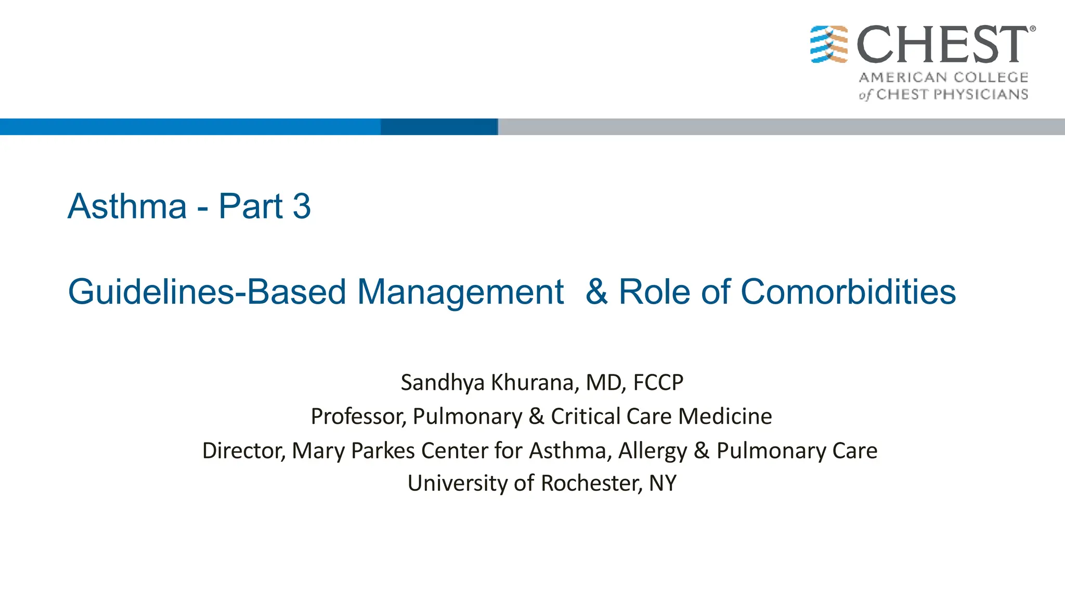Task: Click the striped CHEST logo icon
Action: tap(829, 44)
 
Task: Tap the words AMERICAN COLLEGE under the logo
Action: tap(943, 77)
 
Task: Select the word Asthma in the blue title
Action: tap(127, 206)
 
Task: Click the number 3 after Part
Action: tap(302, 206)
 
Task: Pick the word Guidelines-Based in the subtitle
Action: tap(207, 292)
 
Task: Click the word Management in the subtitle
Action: tap(460, 292)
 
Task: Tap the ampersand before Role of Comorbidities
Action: tap(596, 292)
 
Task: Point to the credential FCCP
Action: tap(658, 383)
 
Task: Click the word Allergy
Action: tap(652, 450)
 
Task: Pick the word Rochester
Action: tap(591, 483)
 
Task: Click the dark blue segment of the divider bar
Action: tap(439, 127)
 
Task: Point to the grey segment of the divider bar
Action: tap(780, 127)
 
